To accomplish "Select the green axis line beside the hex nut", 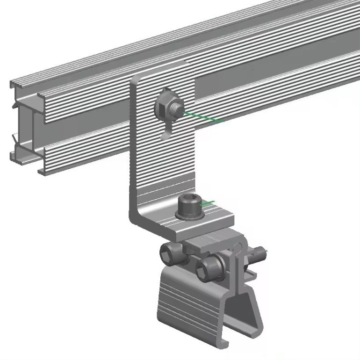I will point(203,117).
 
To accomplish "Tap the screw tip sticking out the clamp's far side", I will point(259,254).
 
